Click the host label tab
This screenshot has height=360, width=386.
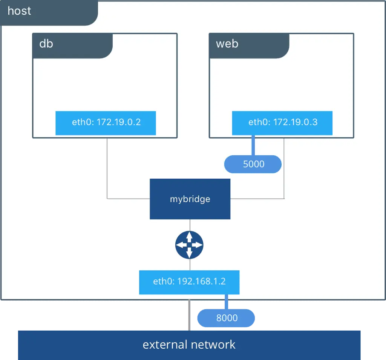click(20, 11)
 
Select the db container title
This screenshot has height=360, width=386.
click(46, 44)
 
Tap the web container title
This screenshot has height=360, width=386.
click(227, 44)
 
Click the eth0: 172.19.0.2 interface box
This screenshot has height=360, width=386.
click(106, 123)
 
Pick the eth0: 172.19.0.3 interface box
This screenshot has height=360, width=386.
click(282, 123)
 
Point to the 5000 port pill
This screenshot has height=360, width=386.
click(253, 164)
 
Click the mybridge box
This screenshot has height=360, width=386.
click(190, 199)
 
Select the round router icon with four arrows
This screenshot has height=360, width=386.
click(189, 245)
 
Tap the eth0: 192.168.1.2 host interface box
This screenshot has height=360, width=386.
click(189, 282)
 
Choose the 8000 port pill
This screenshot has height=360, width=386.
click(226, 318)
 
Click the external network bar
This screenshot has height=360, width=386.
click(189, 345)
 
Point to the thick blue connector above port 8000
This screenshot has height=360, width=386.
click(227, 302)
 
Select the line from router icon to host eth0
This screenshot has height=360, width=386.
click(190, 264)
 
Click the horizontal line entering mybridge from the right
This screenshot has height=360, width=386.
click(256, 198)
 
